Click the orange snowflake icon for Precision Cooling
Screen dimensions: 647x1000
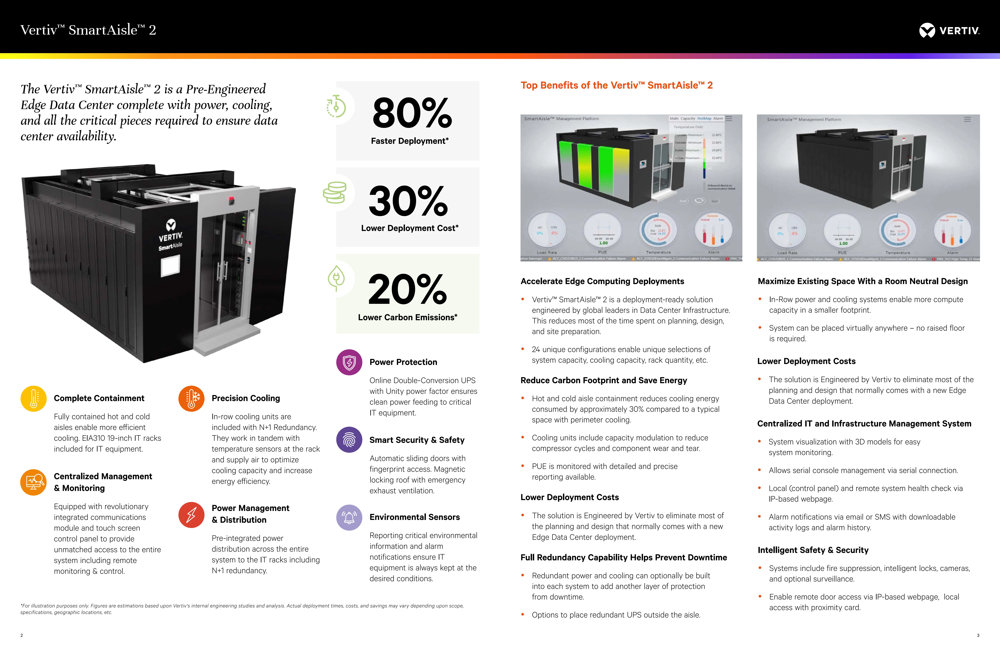[x=191, y=398]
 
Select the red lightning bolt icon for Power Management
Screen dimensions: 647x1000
[x=191, y=515]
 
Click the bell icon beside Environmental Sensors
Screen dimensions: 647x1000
[x=349, y=517]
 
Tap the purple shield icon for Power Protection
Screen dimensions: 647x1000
[x=349, y=362]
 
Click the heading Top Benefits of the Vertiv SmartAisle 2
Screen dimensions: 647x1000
[x=616, y=85]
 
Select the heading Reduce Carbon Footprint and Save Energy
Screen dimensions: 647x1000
[x=603, y=380]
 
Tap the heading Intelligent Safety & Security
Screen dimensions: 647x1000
[x=813, y=550]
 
